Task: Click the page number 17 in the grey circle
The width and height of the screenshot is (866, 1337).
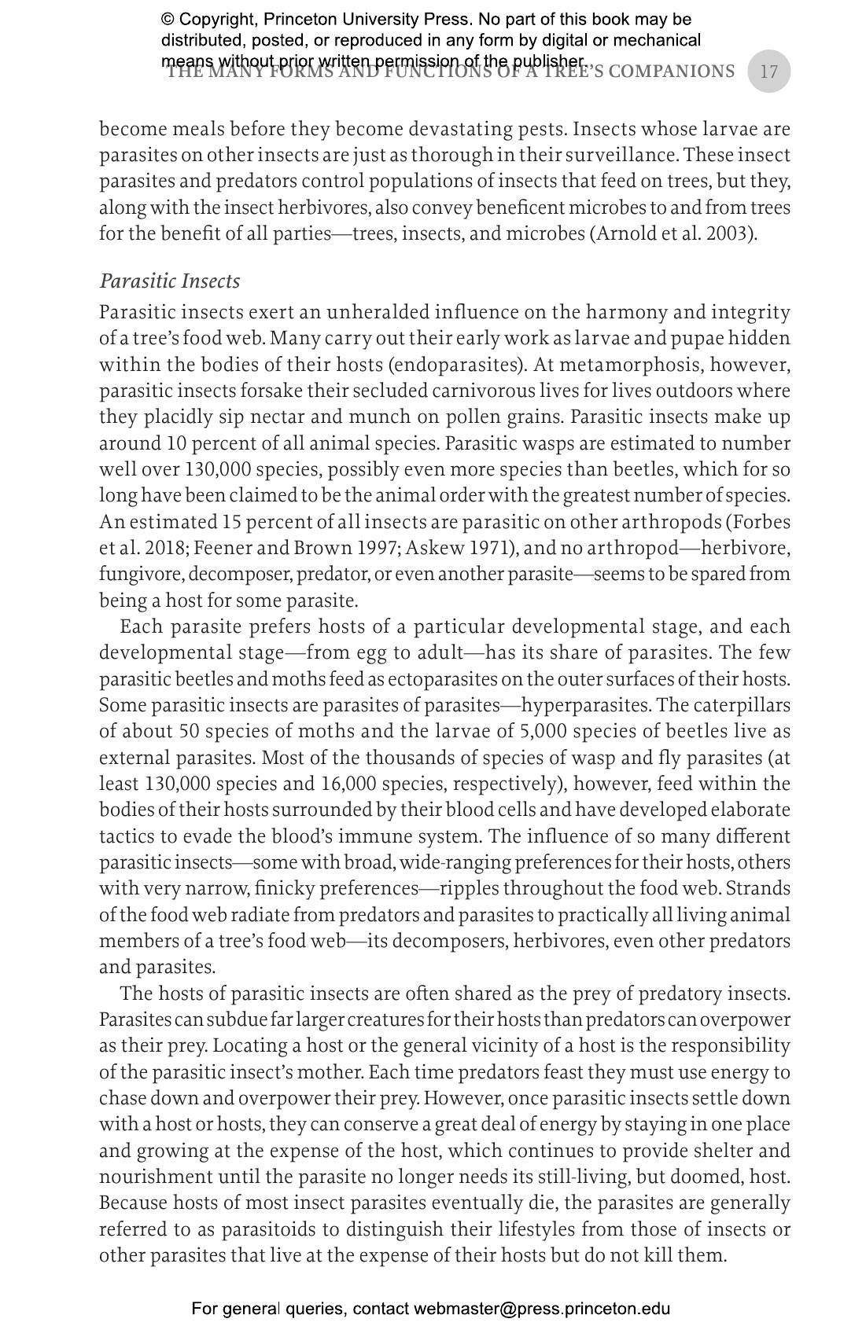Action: [x=768, y=72]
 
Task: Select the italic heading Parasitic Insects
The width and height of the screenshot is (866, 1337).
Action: [x=170, y=281]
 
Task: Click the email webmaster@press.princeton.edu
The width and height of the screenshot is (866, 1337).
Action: [x=542, y=1309]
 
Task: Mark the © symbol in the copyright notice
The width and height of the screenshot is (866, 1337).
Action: [x=168, y=20]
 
